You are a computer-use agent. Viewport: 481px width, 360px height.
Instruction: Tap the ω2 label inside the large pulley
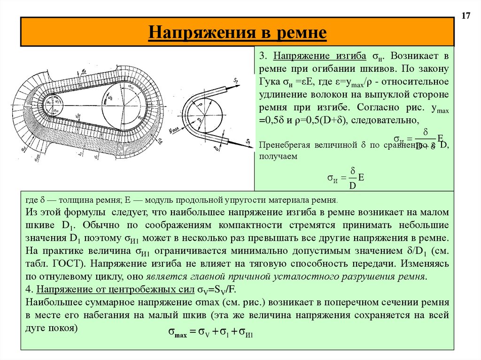(111, 97)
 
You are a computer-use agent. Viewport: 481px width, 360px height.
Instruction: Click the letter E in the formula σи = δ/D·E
(361, 177)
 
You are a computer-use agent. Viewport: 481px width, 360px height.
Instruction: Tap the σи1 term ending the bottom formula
(246, 334)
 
